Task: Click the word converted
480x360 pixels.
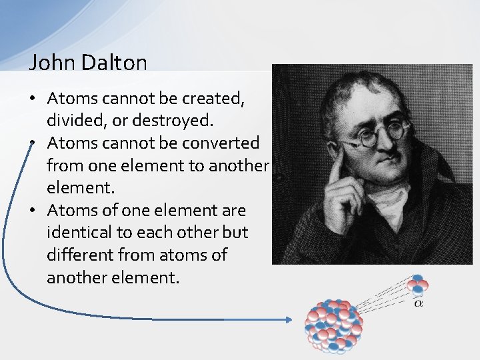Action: click(x=222, y=143)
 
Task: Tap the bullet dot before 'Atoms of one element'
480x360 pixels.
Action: click(x=34, y=211)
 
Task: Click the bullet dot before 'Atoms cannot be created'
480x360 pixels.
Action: click(x=34, y=99)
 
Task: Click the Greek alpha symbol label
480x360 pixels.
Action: click(x=418, y=303)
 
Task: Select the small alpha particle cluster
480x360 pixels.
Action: click(x=419, y=285)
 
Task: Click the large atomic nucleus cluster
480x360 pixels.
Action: click(x=333, y=325)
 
